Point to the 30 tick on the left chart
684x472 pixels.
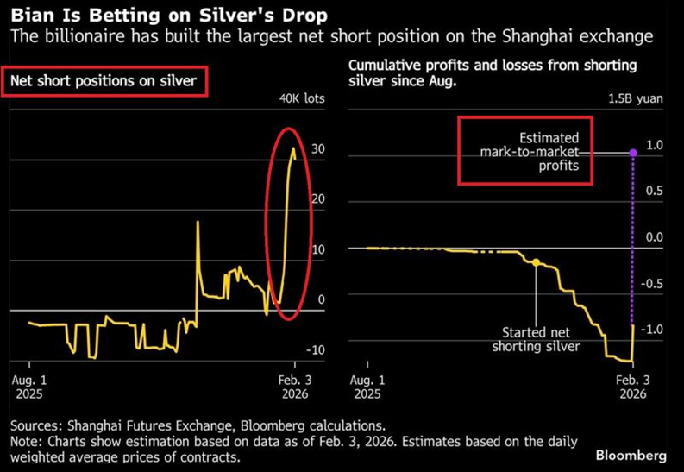318,149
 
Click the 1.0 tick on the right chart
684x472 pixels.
655,145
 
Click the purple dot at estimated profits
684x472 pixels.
632,153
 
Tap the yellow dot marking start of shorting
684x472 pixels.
536,261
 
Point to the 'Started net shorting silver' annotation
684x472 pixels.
537,339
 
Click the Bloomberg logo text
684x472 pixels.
631,454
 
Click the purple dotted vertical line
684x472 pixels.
633,242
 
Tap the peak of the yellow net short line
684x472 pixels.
293,148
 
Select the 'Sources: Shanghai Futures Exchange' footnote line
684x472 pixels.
198,425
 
